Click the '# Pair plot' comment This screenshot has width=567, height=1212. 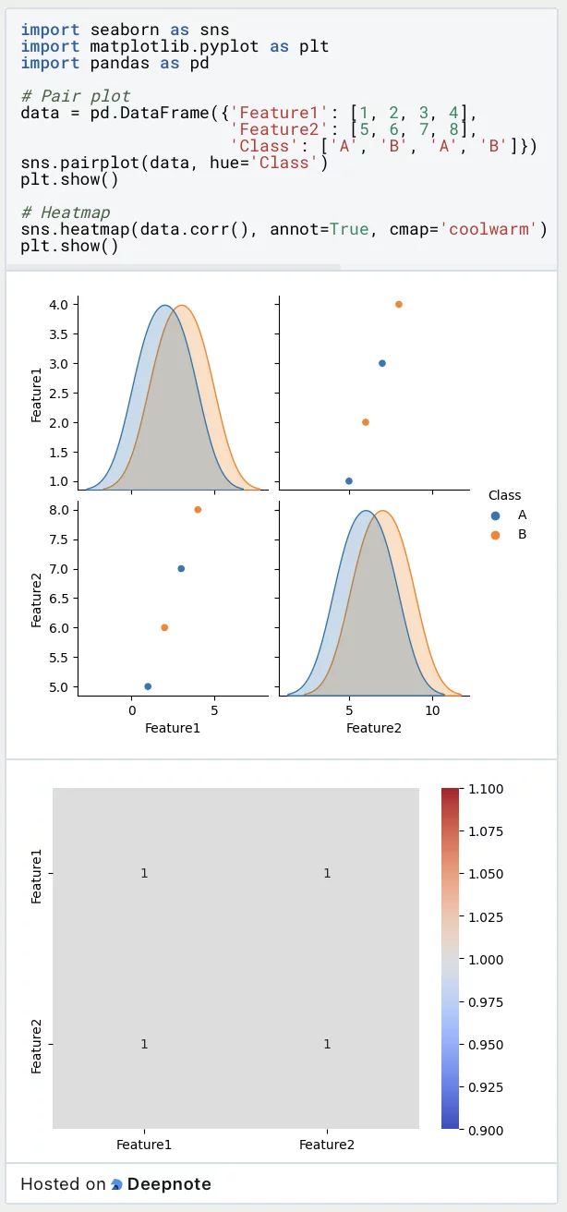(x=76, y=96)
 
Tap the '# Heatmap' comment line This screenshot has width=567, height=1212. (x=66, y=212)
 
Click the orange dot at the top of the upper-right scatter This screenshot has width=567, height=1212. (x=399, y=304)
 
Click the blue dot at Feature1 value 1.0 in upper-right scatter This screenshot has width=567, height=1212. (x=348, y=480)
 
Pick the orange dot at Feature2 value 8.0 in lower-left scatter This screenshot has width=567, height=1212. (x=198, y=509)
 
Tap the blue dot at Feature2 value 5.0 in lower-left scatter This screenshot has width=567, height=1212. (x=148, y=686)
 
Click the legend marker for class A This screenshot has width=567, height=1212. (x=496, y=515)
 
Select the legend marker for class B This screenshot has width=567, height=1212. (x=496, y=535)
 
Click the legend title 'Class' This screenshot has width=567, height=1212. (x=505, y=495)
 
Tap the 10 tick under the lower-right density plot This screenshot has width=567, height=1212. (x=431, y=710)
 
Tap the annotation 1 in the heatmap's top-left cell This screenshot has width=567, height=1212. (x=144, y=873)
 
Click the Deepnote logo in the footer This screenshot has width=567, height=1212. (x=117, y=1184)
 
